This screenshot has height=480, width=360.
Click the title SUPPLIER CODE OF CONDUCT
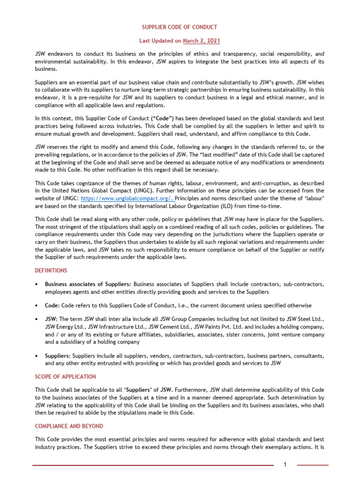pos(180,27)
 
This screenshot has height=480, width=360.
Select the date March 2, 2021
pos(202,41)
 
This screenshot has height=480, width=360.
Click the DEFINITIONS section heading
pos(51,270)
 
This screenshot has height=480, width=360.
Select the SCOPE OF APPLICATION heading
pos(66,376)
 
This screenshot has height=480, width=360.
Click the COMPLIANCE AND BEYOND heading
pos(69,426)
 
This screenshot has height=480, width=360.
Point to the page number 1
pos(285,465)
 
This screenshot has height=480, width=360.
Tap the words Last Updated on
pos(160,41)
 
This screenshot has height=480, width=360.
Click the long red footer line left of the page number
pos(153,465)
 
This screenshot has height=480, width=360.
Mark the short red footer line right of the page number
pos(313,465)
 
